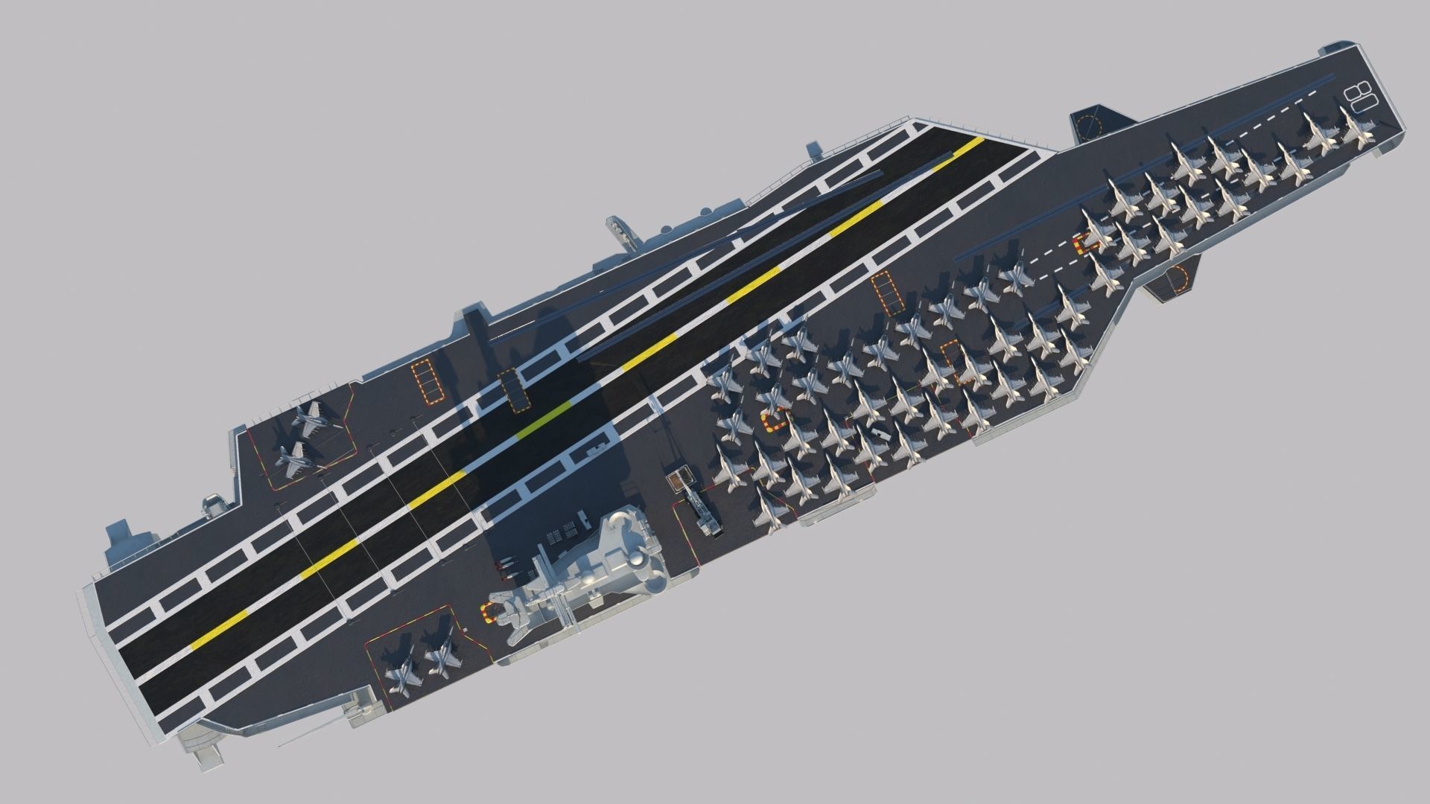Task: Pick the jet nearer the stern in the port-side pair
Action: [x=298, y=459]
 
